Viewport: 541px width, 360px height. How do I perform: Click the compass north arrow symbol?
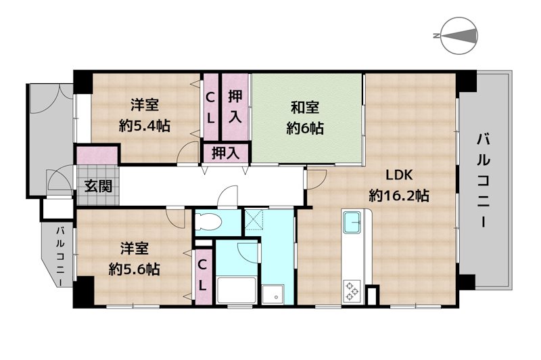tap(459, 35)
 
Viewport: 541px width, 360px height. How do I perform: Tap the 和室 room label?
tap(305, 107)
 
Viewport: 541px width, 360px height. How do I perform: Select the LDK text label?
tap(399, 175)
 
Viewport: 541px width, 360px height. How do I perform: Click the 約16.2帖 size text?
tap(399, 196)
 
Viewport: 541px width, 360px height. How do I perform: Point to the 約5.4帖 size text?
tap(145, 125)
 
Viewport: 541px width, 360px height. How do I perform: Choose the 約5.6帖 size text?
tap(135, 269)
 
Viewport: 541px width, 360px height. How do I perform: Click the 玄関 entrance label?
tap(97, 186)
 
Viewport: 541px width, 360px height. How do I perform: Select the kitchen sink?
tap(352, 222)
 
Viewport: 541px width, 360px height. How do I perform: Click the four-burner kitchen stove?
tap(352, 290)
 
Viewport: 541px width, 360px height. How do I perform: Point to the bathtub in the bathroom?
tap(236, 291)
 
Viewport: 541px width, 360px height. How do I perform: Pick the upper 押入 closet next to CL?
tap(235, 106)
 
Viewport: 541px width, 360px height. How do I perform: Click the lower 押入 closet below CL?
tap(226, 153)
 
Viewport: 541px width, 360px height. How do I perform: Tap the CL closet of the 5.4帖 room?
tap(211, 107)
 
